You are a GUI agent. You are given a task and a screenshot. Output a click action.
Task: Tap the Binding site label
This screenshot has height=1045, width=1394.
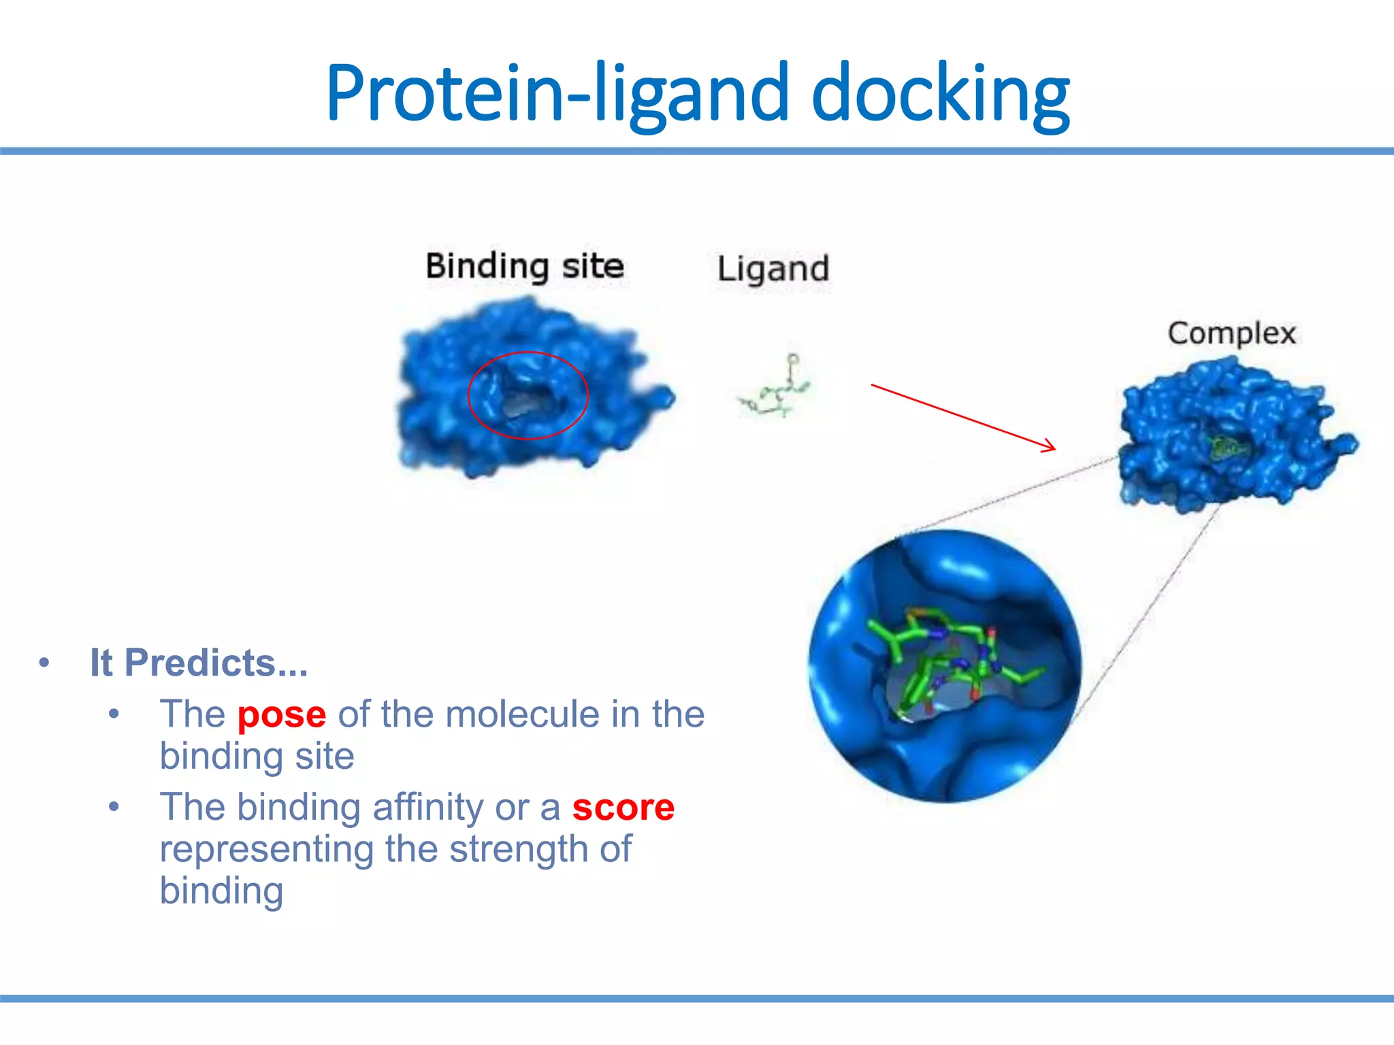click(524, 266)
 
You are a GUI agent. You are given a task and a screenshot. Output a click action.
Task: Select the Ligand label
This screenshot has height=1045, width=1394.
click(773, 269)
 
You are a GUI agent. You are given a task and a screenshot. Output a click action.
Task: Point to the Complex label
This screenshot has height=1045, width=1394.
click(1231, 333)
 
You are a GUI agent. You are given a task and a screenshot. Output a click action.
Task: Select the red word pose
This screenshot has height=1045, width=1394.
click(282, 714)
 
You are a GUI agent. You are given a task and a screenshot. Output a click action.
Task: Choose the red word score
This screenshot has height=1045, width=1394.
click(623, 808)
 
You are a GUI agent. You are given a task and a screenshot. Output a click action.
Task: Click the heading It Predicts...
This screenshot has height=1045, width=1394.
click(199, 663)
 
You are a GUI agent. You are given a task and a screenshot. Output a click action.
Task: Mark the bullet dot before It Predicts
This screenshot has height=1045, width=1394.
click(44, 663)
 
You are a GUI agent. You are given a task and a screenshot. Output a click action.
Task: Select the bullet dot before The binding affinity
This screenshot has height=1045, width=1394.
click(114, 808)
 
